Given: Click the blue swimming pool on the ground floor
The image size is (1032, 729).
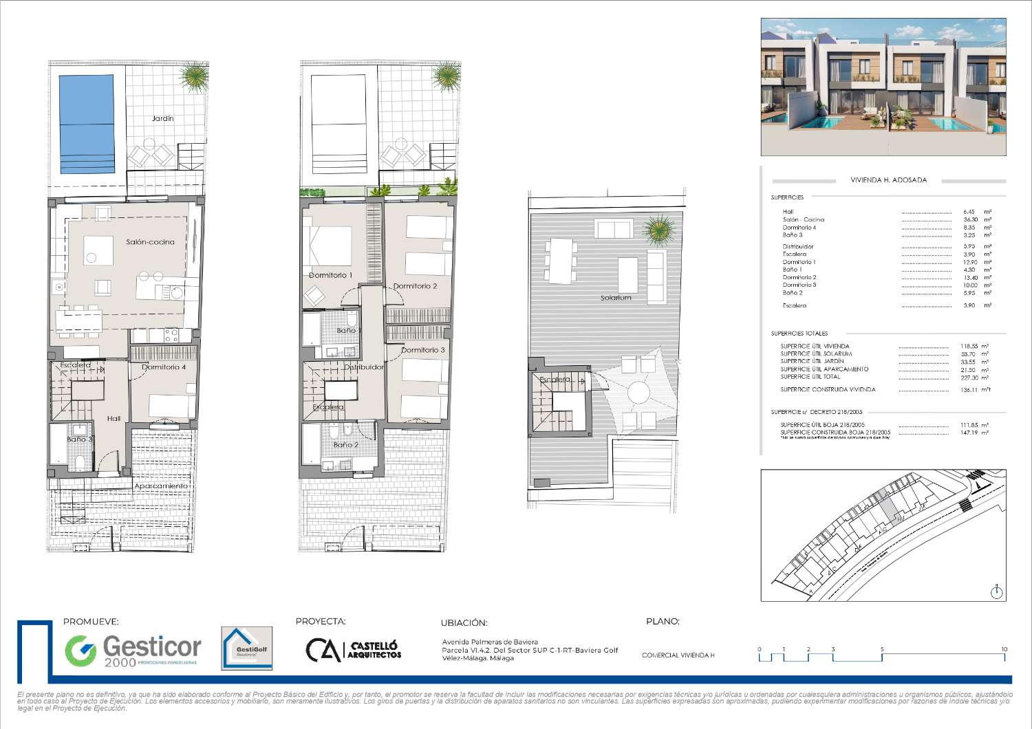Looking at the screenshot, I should (x=87, y=124).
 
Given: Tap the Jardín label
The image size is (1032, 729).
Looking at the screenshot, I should (x=163, y=119).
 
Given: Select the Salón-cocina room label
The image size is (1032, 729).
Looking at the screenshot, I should (x=150, y=242).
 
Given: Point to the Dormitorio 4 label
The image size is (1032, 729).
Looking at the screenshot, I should (x=164, y=367).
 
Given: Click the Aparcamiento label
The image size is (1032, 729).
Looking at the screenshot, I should (x=161, y=486).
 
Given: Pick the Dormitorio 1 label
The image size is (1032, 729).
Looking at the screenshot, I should (x=330, y=275).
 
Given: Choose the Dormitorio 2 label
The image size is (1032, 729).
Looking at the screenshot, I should (x=415, y=286).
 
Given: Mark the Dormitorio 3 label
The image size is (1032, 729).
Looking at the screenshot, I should (x=422, y=350).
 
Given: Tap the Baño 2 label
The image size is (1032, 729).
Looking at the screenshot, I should (x=345, y=445).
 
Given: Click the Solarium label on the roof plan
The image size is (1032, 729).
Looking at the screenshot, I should (x=615, y=298).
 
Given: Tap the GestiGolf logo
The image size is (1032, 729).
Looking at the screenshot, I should (x=246, y=648).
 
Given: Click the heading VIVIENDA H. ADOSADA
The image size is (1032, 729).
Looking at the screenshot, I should (x=889, y=180).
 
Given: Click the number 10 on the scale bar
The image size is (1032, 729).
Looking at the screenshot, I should (x=1004, y=649).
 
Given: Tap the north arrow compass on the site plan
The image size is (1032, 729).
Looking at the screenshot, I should (x=997, y=591).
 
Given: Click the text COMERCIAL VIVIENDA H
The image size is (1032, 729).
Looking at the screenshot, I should (x=678, y=655).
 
